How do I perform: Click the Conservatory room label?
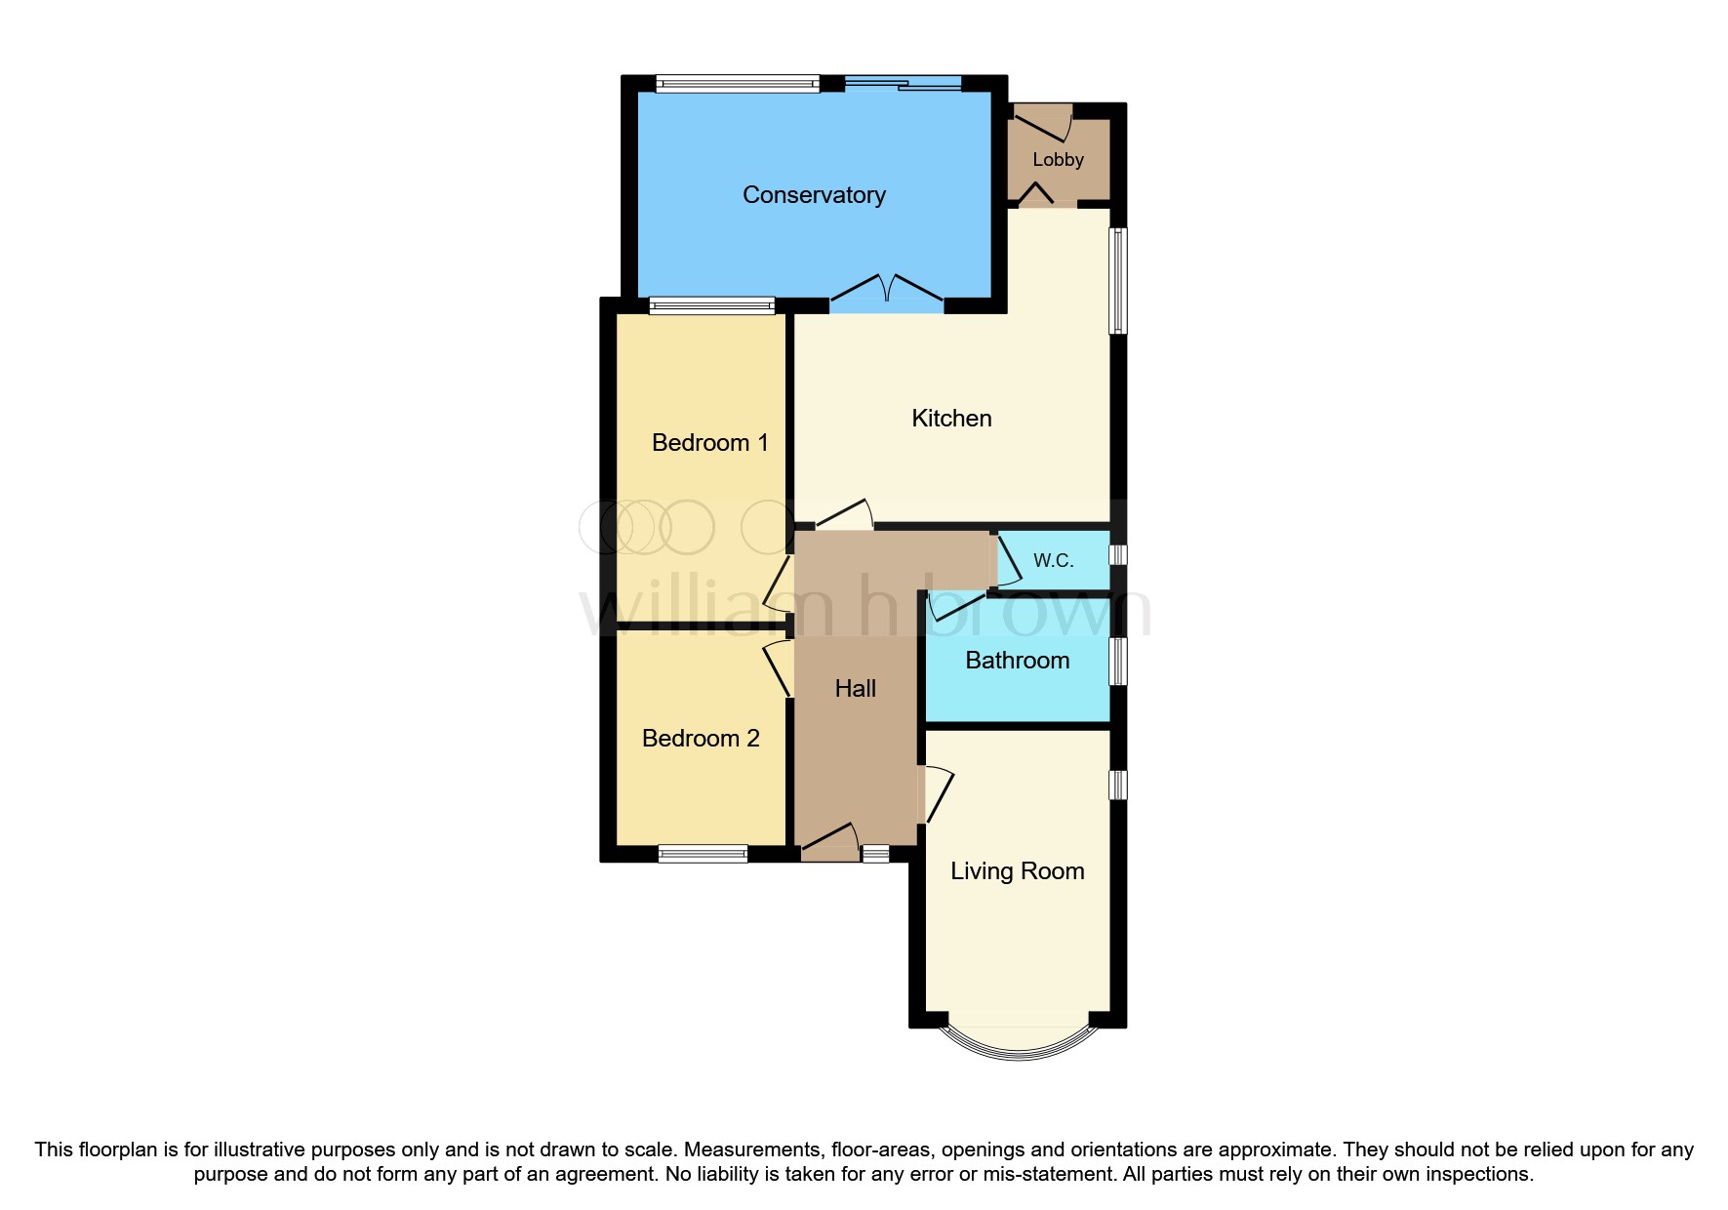pos(814,195)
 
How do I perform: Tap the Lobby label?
pos(1058,160)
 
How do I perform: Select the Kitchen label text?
pos(951,419)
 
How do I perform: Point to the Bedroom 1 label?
pos(709,443)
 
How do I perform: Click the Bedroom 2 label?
pos(701,739)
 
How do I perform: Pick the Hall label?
pos(856,689)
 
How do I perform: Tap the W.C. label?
pos(1053,561)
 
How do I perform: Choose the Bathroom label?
pos(1017,661)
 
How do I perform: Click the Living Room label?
pos(1017,871)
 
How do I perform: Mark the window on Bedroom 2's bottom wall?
pos(703,854)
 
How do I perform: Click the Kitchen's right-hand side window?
pos(1118,281)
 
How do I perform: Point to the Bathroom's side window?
pos(1118,661)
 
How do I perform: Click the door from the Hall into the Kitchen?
pos(844,515)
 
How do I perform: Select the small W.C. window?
pos(1118,555)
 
